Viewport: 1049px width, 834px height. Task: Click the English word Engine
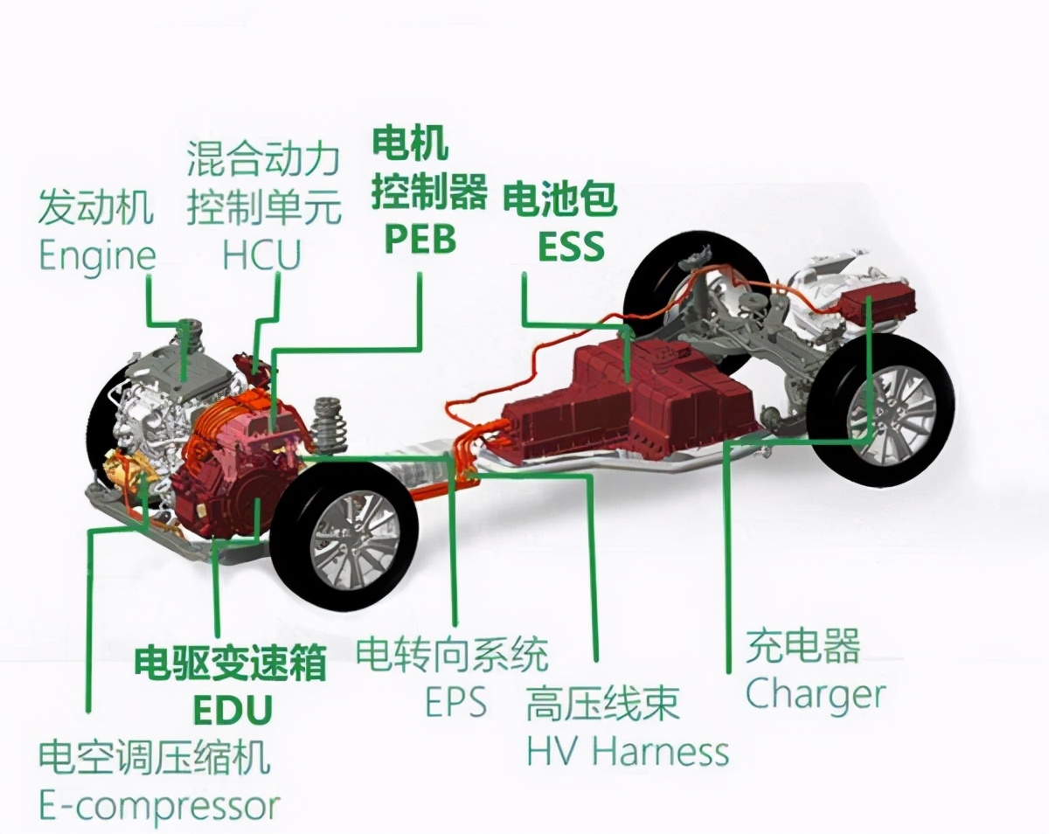click(x=97, y=255)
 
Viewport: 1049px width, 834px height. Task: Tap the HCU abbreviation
click(x=260, y=255)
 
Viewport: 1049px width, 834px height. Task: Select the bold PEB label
click(x=420, y=239)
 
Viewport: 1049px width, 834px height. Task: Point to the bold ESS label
click(x=570, y=247)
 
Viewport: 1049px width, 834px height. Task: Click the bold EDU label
click(x=232, y=708)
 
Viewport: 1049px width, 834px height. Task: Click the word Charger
click(x=815, y=696)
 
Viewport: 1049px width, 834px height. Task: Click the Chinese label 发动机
click(x=95, y=208)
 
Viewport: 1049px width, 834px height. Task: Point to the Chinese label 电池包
click(x=559, y=199)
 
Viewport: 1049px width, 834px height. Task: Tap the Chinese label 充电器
click(x=802, y=646)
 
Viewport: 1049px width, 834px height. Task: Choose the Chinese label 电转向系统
click(x=452, y=655)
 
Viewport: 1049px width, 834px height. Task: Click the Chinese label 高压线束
click(x=602, y=705)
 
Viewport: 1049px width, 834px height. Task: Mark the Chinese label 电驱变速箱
click(x=229, y=664)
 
